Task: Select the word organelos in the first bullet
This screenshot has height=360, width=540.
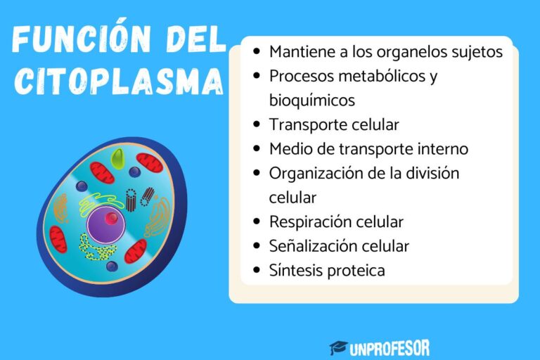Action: coord(391,52)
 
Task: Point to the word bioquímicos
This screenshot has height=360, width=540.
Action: coord(311,99)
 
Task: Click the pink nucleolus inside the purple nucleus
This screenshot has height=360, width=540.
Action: coord(111,219)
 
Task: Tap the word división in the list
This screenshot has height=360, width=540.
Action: coord(435,173)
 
